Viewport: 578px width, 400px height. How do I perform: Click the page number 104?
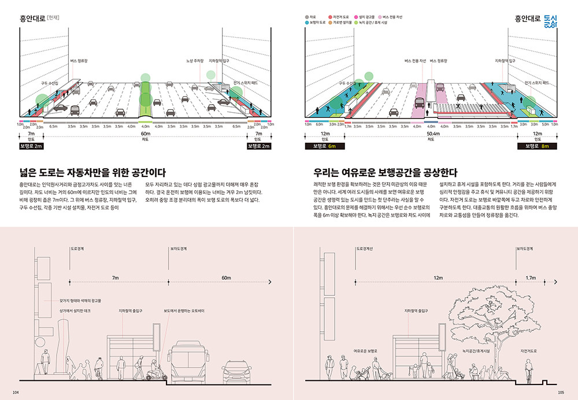pos(16,392)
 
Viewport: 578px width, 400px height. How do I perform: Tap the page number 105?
pos(561,392)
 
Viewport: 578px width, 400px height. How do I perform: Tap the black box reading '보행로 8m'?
pos(537,147)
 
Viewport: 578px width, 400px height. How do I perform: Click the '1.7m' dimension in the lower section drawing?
pos(530,278)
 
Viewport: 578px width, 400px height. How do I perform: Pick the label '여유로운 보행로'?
pos(369,351)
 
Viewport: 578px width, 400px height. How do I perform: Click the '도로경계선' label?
pos(366,249)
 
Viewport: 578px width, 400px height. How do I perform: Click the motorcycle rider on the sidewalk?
pos(154,370)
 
